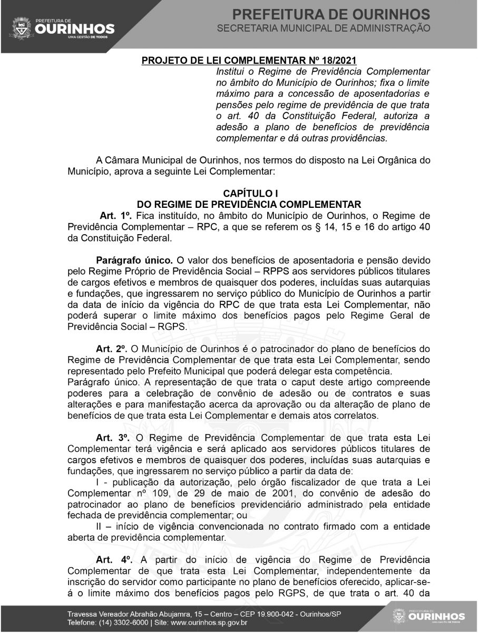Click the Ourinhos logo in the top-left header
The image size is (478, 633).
(63, 26)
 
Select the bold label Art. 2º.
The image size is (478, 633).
(111, 349)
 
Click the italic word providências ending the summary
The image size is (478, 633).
(362, 139)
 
